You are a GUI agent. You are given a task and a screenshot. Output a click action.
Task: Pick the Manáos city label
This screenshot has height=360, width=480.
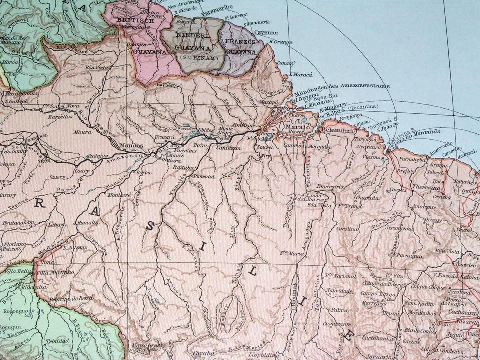tap(132, 146)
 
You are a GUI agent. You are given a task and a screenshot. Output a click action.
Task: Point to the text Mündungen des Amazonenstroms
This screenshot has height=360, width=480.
tap(341, 88)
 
